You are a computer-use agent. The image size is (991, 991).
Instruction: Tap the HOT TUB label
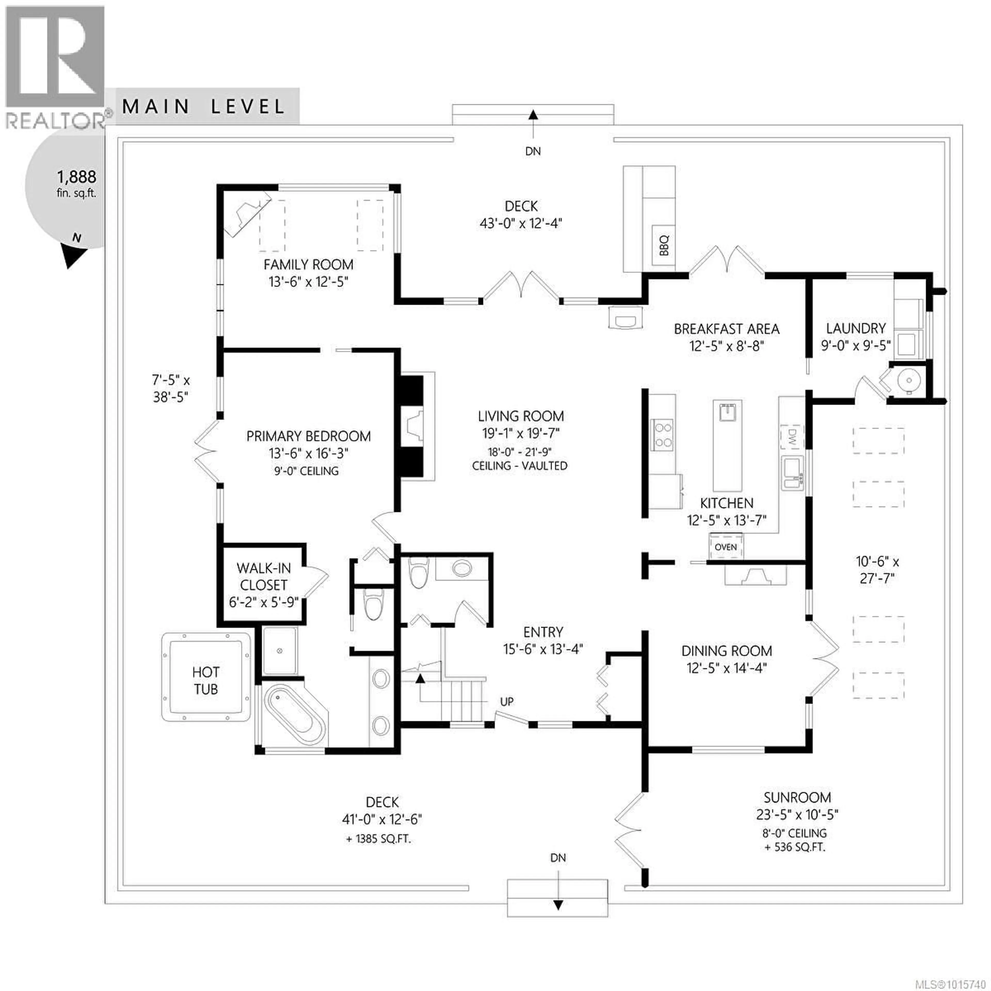click(x=206, y=681)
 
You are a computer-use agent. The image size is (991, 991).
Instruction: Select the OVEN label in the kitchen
click(x=725, y=547)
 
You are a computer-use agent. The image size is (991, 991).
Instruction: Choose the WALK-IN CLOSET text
click(x=264, y=577)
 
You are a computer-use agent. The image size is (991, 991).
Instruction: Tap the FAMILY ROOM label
click(x=308, y=265)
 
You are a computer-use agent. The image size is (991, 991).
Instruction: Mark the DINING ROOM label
click(x=726, y=651)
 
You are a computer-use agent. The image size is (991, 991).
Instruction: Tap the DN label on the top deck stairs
click(x=533, y=151)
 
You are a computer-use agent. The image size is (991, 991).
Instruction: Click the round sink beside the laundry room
click(x=909, y=380)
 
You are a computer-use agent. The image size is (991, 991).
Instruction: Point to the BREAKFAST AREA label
click(x=726, y=329)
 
